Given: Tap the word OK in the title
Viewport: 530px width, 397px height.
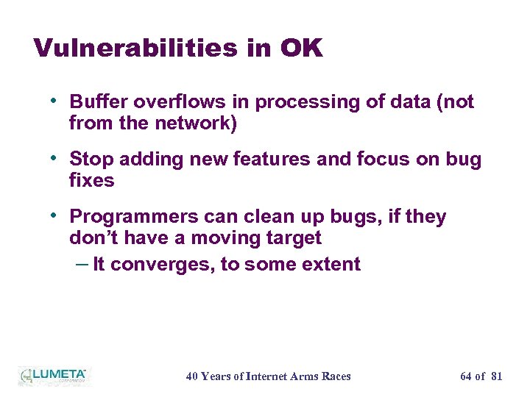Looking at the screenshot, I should point(300,49).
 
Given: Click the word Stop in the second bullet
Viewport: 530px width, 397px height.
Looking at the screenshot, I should point(91,160).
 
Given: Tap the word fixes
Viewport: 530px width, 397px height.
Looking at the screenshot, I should point(91,181).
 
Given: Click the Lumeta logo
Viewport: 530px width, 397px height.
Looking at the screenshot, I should point(53,375).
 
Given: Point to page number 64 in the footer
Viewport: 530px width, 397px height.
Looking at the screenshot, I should point(466,376).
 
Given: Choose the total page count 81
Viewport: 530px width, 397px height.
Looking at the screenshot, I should point(496,376).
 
